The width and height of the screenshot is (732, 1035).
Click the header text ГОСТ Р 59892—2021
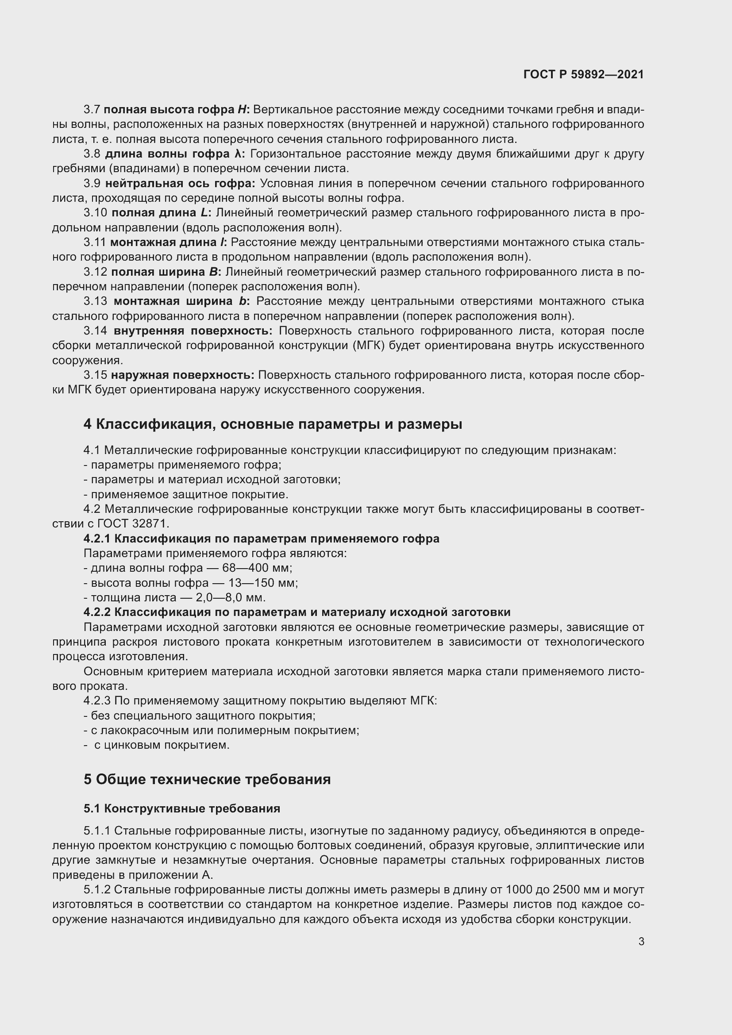click(583, 74)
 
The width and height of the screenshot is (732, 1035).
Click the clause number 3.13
click(95, 301)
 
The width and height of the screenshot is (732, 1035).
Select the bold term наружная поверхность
click(182, 375)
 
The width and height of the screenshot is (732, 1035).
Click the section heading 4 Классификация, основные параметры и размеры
click(273, 424)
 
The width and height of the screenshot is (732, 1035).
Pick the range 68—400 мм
click(257, 568)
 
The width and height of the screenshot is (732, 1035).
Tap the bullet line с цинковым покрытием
click(162, 745)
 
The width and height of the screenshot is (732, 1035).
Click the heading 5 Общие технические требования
click(207, 779)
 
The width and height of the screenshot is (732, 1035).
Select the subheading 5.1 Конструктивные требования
click(181, 809)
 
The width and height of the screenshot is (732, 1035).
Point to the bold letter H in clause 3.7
click(242, 110)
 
